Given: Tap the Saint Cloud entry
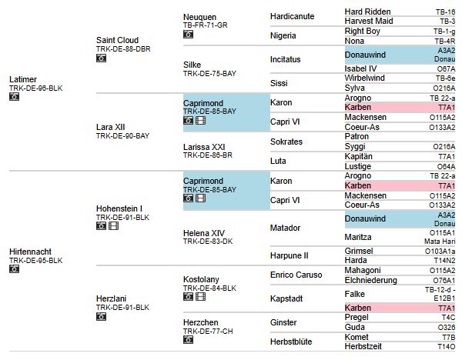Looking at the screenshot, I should [x=118, y=40].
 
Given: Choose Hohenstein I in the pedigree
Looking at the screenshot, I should [x=119, y=208].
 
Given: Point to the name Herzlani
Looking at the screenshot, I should [x=113, y=298].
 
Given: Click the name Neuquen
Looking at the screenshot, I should [x=199, y=17].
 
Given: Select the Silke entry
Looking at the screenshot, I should [x=192, y=65].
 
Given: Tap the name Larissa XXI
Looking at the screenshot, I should [x=204, y=146].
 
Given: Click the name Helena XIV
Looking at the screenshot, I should [x=204, y=232].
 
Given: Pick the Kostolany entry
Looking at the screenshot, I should [x=202, y=279].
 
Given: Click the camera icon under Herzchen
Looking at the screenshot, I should [x=188, y=339].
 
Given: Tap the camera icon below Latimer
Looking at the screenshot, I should [x=14, y=97].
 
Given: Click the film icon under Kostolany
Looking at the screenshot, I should [x=201, y=296].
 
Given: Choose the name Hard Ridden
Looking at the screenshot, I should [x=368, y=12].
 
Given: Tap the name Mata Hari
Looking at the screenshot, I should [x=443, y=241].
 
